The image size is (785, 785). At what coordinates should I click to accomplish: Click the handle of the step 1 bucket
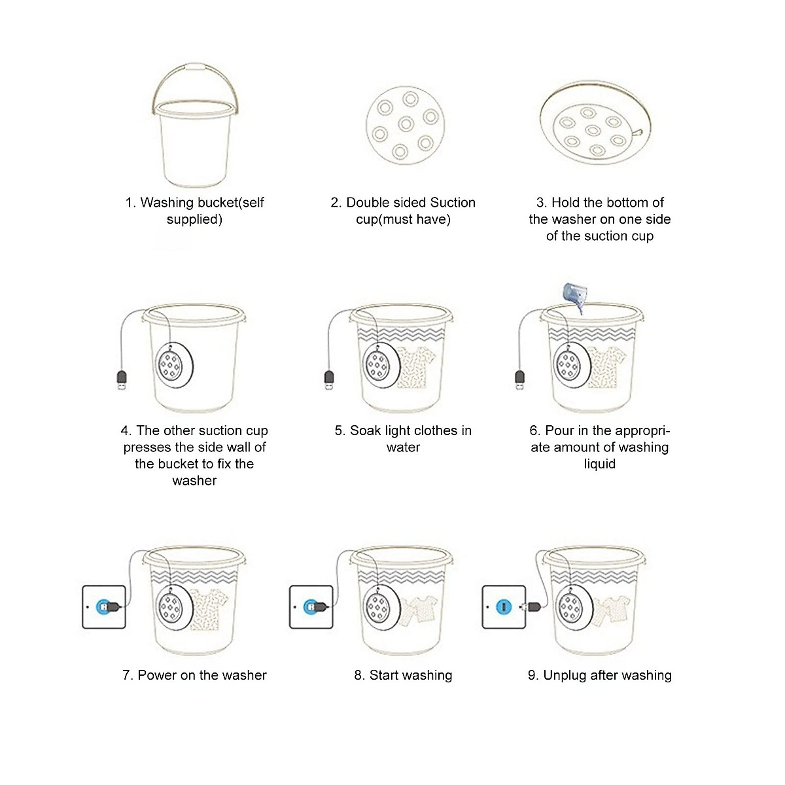[194, 69]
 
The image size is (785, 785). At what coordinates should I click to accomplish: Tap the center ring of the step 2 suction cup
[406, 124]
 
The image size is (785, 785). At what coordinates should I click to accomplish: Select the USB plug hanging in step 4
[121, 380]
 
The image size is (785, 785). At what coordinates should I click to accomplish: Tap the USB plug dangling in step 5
[329, 379]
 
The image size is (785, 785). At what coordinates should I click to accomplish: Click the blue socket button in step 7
[102, 607]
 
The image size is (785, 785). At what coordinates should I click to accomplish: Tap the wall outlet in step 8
[310, 607]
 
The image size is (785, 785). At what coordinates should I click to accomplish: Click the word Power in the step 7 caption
[156, 675]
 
